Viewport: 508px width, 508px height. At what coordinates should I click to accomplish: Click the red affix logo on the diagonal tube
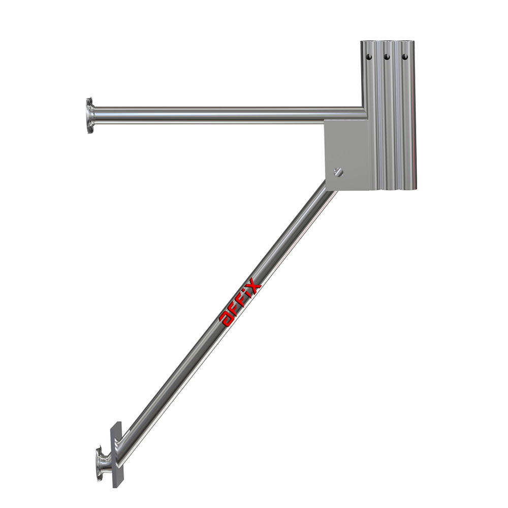tap(240, 303)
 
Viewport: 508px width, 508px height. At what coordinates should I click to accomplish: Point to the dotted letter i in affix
tap(248, 295)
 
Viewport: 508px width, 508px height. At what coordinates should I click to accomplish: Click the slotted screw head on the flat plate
tap(339, 172)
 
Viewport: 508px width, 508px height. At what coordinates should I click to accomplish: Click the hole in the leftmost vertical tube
tap(368, 57)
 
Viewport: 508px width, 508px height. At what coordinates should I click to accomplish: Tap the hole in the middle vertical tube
tap(387, 57)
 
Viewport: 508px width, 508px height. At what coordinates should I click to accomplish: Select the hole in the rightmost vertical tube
tap(405, 57)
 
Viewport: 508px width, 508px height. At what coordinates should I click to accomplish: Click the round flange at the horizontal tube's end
tap(90, 115)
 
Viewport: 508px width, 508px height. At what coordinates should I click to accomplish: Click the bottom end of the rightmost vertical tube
tap(407, 187)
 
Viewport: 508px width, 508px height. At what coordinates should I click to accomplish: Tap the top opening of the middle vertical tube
tap(388, 42)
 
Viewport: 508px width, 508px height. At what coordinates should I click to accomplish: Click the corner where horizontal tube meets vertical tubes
tap(364, 113)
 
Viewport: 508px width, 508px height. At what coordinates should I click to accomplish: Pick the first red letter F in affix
tap(235, 309)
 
